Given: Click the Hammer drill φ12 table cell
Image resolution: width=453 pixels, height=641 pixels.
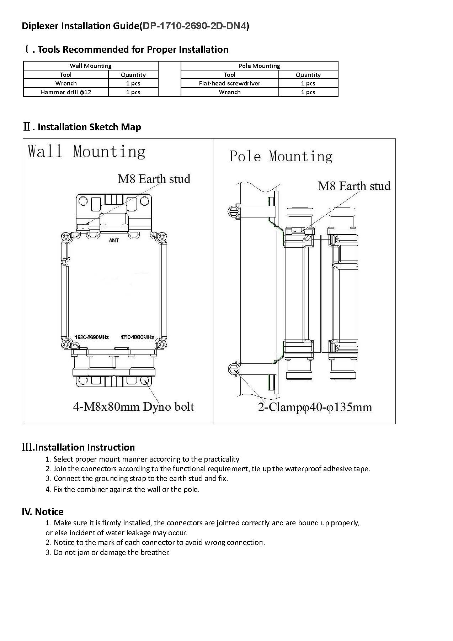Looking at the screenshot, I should point(66,92).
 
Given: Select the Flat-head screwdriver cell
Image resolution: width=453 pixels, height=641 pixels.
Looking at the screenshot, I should point(229,83).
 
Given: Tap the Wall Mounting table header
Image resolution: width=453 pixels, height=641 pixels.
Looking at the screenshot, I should point(90,66).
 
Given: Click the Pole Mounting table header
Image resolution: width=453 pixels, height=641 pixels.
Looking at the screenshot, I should point(259,66).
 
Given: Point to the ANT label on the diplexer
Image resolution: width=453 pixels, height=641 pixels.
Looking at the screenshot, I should point(114,241).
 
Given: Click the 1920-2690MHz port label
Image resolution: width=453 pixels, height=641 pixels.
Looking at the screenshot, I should point(92,337).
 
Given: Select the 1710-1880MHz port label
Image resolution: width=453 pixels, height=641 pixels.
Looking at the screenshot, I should point(137,337).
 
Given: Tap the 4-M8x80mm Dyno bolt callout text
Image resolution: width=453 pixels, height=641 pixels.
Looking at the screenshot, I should point(133,406).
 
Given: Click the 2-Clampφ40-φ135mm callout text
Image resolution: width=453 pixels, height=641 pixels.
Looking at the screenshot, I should point(315,407).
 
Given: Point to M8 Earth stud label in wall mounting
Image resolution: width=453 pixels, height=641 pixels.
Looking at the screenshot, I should point(154,179).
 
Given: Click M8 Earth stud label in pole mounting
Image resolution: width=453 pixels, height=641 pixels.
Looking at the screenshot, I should point(354,186).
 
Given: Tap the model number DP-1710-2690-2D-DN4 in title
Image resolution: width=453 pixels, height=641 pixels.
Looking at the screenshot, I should point(194,26).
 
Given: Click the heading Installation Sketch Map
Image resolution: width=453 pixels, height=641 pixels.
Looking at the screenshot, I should point(89,127).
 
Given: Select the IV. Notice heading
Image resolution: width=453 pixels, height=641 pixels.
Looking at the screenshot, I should point(42,512).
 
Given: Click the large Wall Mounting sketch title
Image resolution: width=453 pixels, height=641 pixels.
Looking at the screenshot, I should point(86,151).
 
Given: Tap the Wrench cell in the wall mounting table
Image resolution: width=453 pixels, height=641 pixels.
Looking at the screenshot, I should point(66,83).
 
